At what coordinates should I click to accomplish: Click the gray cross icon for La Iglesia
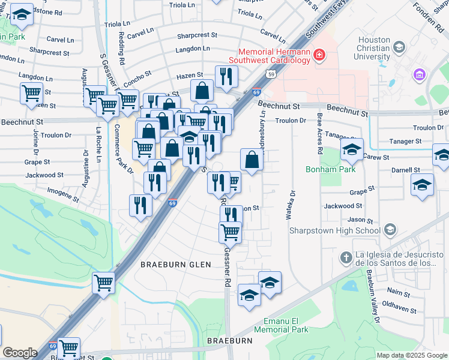pos(346,257)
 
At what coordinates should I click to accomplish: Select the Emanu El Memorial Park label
pos(280,325)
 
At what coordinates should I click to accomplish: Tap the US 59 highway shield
pos(271,73)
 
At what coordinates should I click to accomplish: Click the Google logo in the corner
pos(20,353)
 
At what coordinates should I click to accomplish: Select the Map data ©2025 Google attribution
pos(412,355)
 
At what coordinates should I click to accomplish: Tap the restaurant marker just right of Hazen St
pos(226,76)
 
